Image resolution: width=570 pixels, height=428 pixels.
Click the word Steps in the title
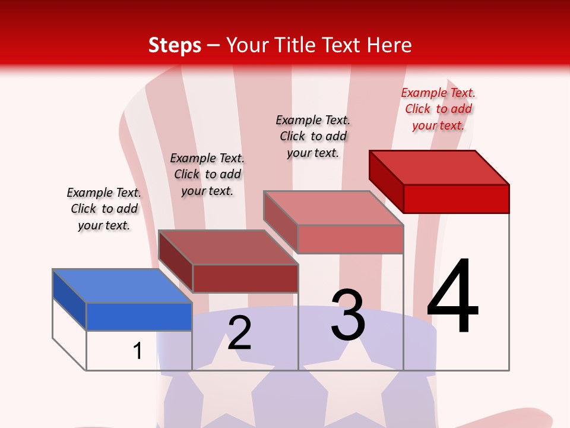click(175, 45)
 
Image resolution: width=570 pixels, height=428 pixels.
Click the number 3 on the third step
click(348, 315)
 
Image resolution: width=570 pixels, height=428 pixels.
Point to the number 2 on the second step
click(239, 333)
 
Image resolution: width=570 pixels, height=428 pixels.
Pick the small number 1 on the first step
click(138, 351)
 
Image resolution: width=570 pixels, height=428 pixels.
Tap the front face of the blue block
click(139, 316)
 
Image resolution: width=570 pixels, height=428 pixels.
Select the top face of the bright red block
click(439, 167)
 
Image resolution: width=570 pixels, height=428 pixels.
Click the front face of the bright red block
click(456, 199)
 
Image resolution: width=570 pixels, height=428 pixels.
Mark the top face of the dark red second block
click(228, 247)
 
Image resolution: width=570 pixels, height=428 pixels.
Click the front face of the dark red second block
click(245, 278)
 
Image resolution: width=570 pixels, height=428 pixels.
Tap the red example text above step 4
click(438, 109)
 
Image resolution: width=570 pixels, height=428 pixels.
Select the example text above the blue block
click(104, 209)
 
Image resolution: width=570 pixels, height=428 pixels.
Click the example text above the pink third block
click(313, 136)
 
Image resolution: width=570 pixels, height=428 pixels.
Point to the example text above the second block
click(207, 174)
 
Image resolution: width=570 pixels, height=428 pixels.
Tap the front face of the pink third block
click(350, 239)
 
